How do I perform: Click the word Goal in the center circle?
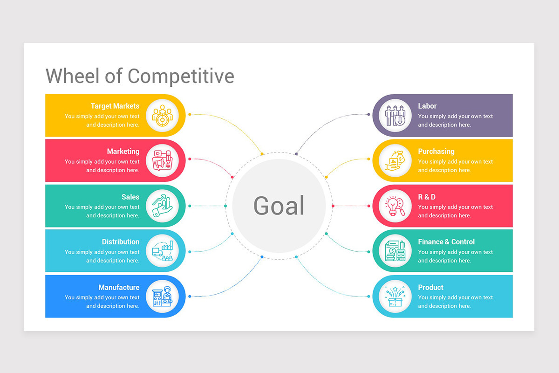(279, 206)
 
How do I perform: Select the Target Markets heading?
(115, 106)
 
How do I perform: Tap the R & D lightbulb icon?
(395, 206)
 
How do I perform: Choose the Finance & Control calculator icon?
(395, 251)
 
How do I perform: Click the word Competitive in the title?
(181, 76)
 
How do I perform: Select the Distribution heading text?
(121, 242)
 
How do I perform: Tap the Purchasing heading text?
(436, 151)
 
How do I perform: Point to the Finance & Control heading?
(446, 242)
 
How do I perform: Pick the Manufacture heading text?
(119, 287)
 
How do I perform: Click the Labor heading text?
(427, 106)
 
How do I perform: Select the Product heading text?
(430, 287)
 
